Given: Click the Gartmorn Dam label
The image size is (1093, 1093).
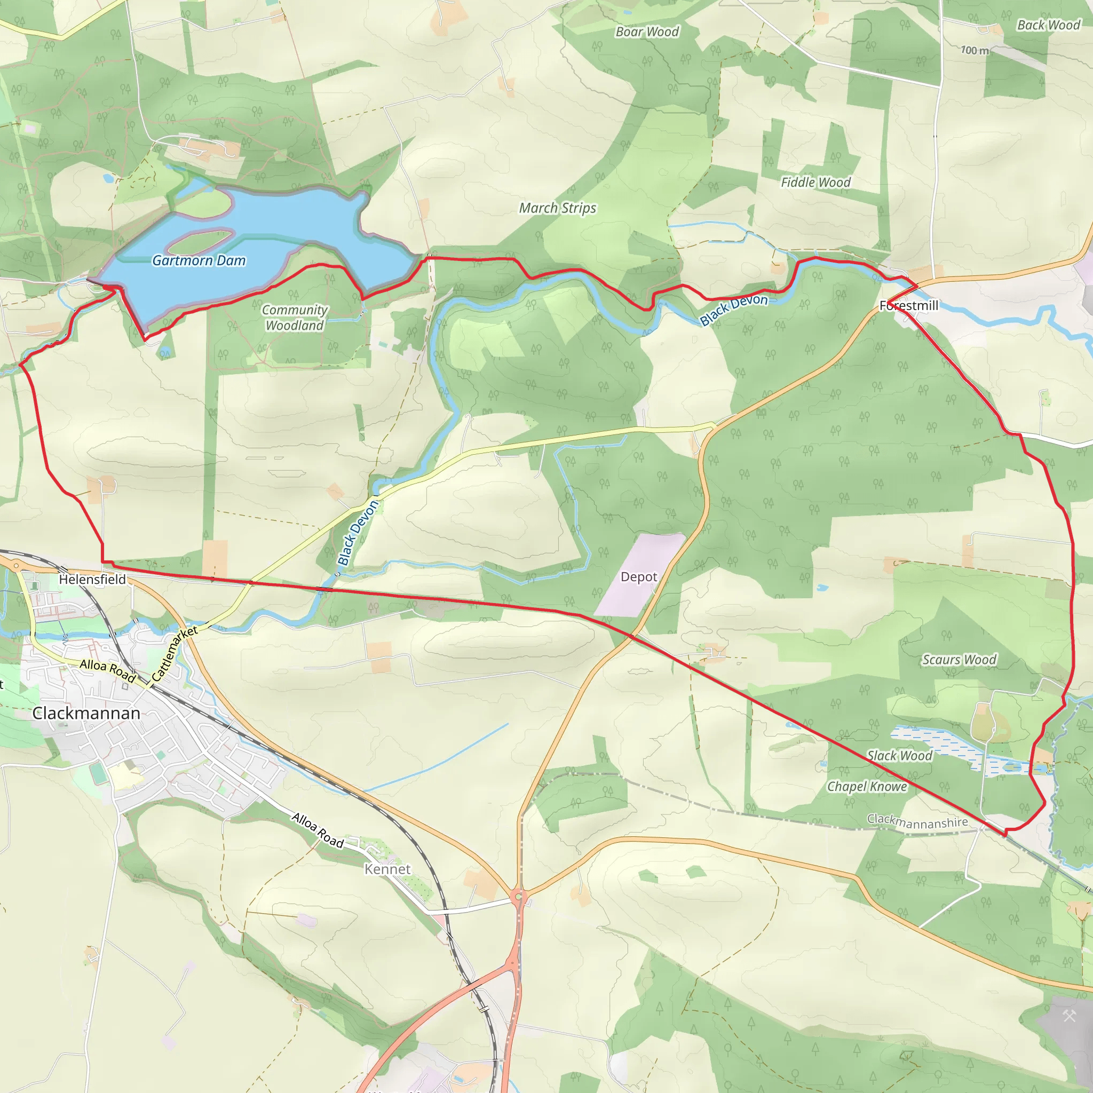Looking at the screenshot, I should coord(199,261).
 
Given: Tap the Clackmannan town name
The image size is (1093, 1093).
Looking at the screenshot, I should coord(86,714).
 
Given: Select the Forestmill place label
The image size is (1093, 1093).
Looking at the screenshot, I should coord(908,305).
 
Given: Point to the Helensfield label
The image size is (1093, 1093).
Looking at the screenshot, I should coord(92,579).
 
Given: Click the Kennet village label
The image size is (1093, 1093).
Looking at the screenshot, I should coord(387,869).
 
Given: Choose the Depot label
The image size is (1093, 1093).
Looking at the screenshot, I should coord(639,577).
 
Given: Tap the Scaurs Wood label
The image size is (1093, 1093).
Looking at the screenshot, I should coord(960,660).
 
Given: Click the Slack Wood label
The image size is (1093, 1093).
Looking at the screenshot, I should coord(899,756).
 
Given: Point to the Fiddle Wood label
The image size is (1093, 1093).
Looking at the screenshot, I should coord(816,182).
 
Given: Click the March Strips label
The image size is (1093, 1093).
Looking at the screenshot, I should coord(558,208).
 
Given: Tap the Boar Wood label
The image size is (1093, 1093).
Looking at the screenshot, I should coord(647,31).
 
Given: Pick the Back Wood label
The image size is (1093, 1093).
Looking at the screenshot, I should coord(1049,25).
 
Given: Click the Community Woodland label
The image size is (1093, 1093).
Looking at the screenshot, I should coord(295,318).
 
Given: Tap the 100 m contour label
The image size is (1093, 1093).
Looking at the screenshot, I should coord(975,50).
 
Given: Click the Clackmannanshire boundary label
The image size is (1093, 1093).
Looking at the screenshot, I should coord(917,821).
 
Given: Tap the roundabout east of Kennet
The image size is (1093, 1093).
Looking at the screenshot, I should coord(518,897).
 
